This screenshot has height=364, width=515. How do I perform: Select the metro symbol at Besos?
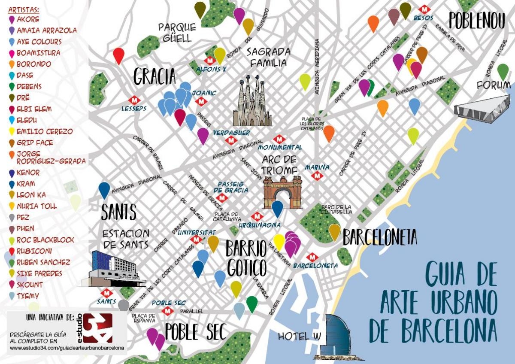coord(424,9)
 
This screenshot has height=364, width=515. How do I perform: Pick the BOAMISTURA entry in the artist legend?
coord(38,53)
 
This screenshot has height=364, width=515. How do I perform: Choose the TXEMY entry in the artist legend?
coord(28,296)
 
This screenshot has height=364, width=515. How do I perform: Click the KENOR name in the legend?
coord(28,173)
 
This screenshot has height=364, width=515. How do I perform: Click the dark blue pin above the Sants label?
coord(104,190)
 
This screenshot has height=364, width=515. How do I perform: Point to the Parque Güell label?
coord(177,33)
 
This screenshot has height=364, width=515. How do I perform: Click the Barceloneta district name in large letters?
coord(379,237)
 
